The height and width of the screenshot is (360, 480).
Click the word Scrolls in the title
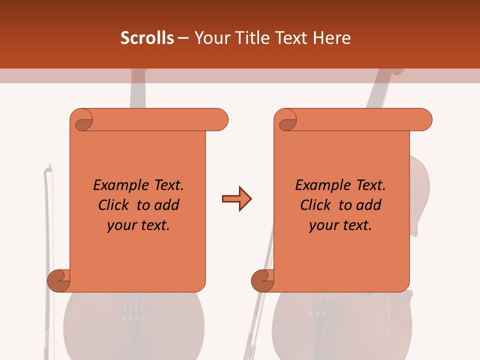point(147,38)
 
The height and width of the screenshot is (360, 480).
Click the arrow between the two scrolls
point(236,199)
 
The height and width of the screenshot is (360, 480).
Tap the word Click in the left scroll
point(114,205)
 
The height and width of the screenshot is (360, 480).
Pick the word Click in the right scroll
point(316,205)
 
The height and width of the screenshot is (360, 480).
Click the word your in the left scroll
point(121,225)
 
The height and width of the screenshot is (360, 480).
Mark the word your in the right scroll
point(323,225)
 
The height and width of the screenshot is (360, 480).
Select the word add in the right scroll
point(369,205)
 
